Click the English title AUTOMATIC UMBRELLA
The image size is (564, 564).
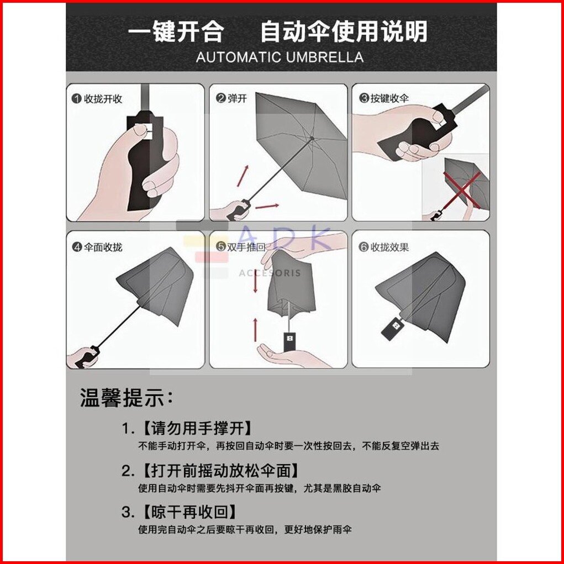280,57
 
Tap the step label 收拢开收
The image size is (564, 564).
103,99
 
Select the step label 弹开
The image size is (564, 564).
237,98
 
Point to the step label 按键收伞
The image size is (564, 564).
389,98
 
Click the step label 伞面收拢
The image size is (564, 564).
103,247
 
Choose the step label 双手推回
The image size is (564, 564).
246,247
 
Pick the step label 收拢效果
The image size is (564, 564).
389,247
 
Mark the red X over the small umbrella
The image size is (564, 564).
462,189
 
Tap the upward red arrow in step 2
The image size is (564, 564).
243,176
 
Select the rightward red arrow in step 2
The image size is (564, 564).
267,207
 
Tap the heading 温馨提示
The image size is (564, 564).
126,398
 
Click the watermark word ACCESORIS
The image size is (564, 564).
270,273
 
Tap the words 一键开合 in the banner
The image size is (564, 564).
176,31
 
